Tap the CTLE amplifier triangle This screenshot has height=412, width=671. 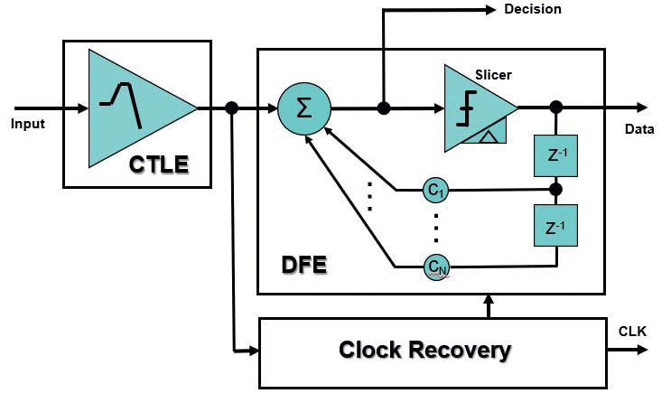pos(135,108)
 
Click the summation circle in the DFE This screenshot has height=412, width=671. pos(303,108)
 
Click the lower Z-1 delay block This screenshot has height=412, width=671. pos(555,227)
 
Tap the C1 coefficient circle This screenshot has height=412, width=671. pos(435,190)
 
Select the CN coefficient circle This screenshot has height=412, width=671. pos(435,266)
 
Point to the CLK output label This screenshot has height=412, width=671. pos(632,331)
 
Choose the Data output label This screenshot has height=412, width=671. pos(638,129)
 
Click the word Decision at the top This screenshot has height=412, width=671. pos(532,10)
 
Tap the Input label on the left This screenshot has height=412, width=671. pos(27,123)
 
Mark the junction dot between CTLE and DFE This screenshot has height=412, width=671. pos(232,108)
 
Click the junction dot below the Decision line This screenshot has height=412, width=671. pos(384,108)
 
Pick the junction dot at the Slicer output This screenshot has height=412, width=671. pos(555,108)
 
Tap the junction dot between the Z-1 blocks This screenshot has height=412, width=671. pos(555,190)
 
